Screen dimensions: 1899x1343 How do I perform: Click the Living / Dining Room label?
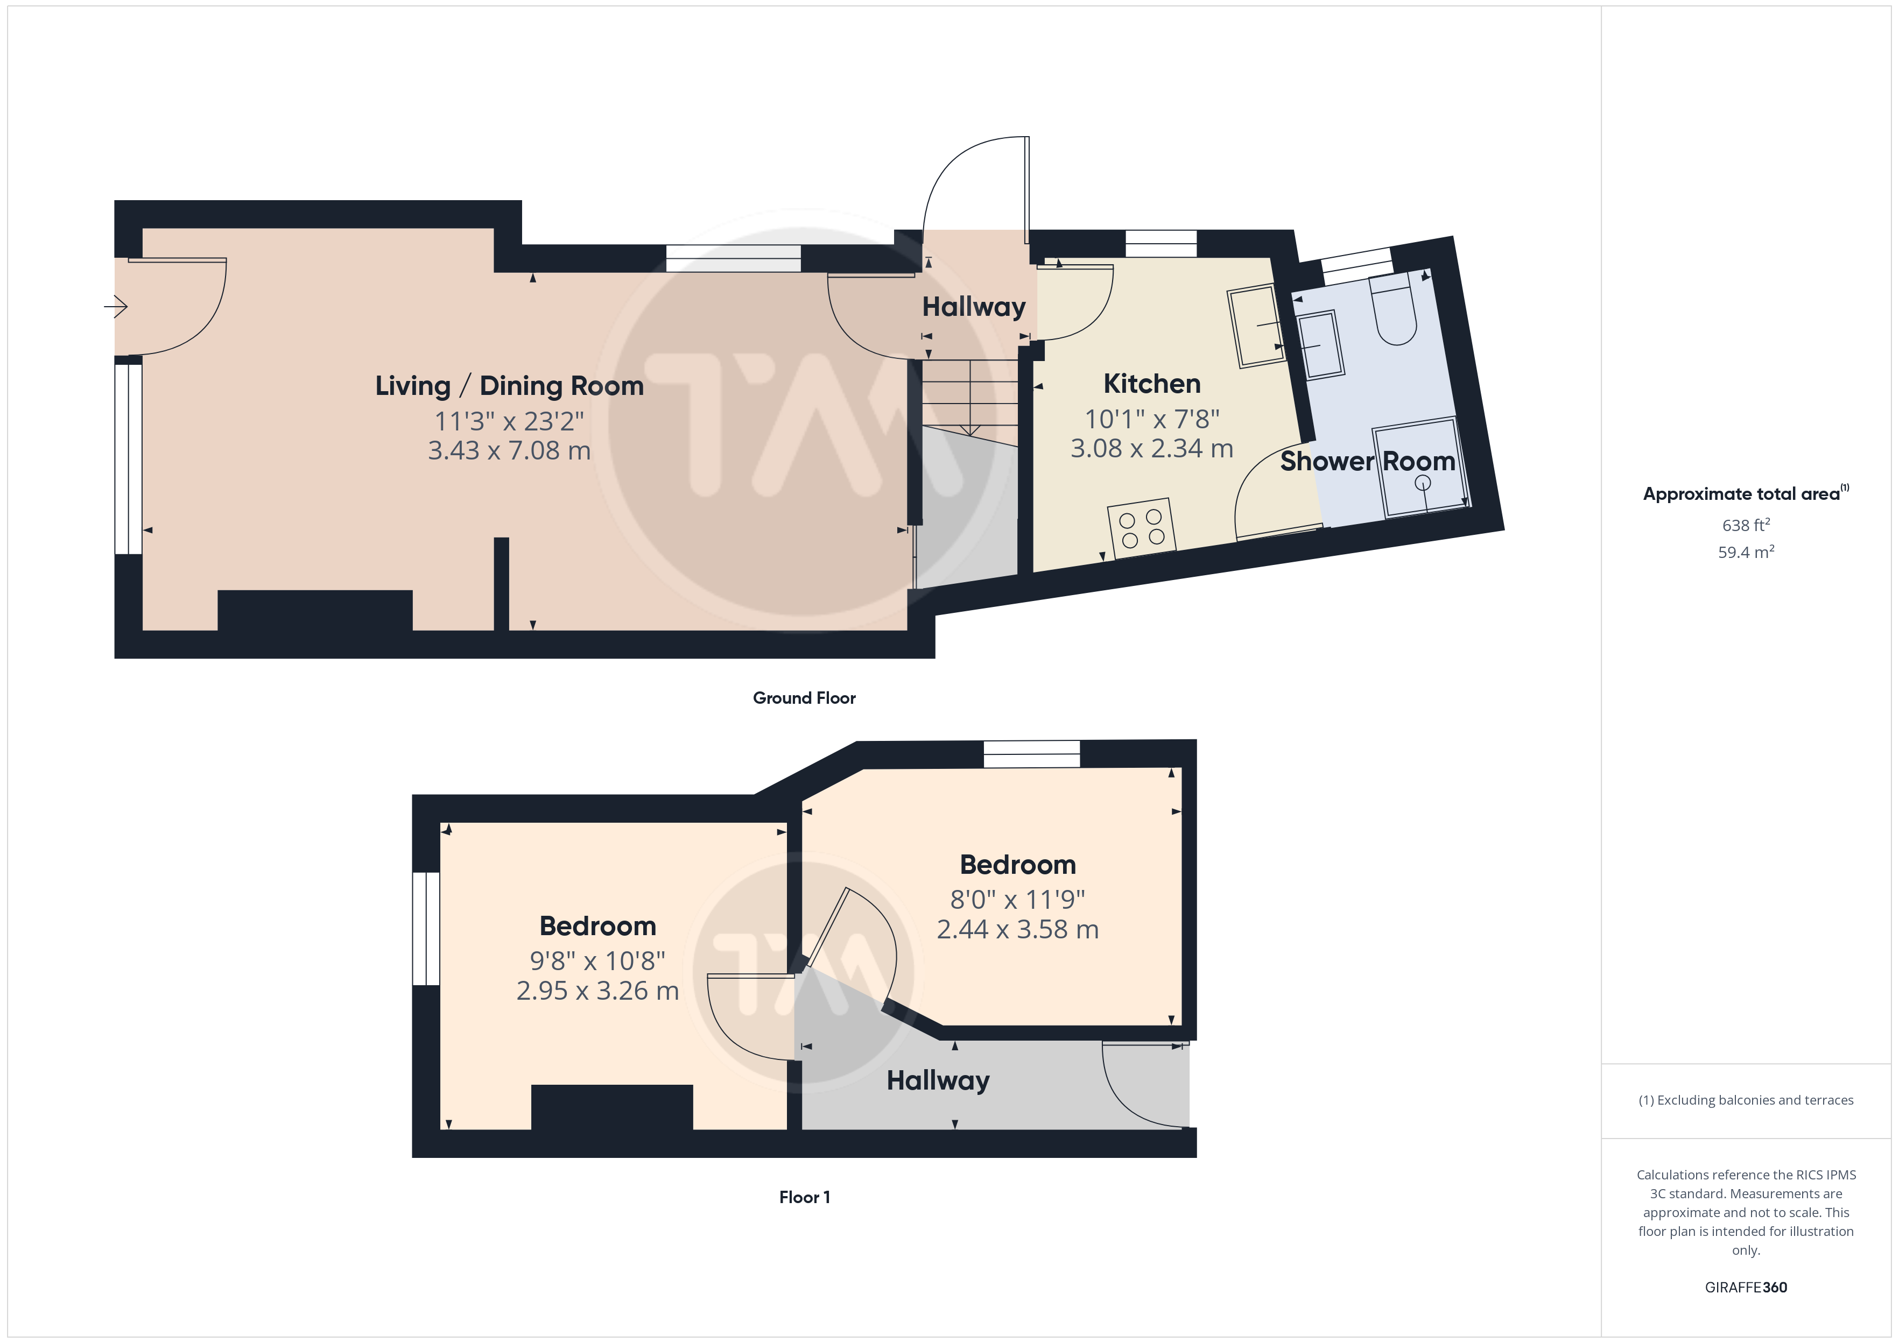pyautogui.click(x=510, y=386)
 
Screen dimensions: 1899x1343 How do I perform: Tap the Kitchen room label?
pyautogui.click(x=1152, y=384)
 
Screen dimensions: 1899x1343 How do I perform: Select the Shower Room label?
pyautogui.click(x=1368, y=462)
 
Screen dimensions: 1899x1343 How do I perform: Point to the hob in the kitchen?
pyautogui.click(x=1141, y=528)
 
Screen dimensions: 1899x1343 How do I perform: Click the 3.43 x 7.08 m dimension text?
pyautogui.click(x=510, y=451)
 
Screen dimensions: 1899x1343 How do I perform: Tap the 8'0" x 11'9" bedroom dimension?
pyautogui.click(x=1017, y=899)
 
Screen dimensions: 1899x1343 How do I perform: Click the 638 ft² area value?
pyautogui.click(x=1746, y=525)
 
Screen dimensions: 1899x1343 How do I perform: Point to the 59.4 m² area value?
pyautogui.click(x=1746, y=553)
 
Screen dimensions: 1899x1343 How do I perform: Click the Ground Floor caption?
pyautogui.click(x=804, y=698)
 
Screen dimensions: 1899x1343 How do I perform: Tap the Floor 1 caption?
pyautogui.click(x=804, y=1197)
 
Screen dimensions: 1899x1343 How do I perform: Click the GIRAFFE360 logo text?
pyautogui.click(x=1746, y=1288)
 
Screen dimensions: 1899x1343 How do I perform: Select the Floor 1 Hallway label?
pyautogui.click(x=938, y=1081)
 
